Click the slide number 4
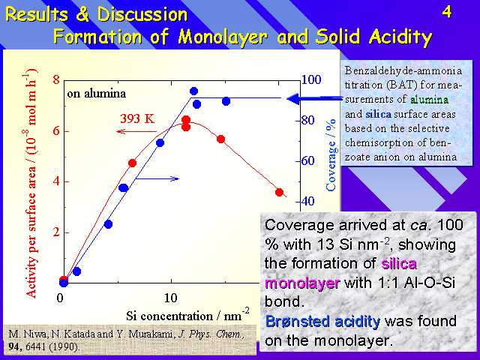point(447,13)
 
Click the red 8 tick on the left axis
point(56,80)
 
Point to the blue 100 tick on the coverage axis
point(311,80)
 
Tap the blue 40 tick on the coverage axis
point(308,201)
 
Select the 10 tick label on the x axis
point(170,298)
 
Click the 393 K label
point(137,118)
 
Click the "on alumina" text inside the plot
point(97,93)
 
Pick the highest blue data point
point(193,91)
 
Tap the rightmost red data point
point(279,192)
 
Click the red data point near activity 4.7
point(132,163)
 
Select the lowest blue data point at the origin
point(64,283)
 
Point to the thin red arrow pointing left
point(136,132)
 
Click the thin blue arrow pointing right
point(157,178)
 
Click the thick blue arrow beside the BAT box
point(314,98)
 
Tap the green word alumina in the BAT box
point(429,100)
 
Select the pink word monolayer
point(302,283)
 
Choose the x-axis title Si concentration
point(169,316)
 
